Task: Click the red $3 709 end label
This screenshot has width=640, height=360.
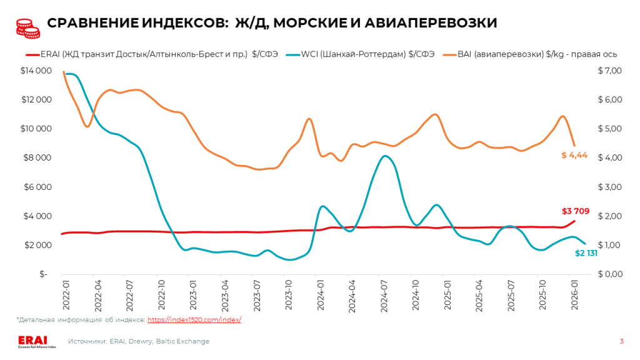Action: point(575,211)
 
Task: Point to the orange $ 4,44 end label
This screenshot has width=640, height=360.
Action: point(573,155)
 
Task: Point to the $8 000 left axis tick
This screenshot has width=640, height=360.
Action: point(37,157)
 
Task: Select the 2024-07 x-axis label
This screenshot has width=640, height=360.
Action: point(383,291)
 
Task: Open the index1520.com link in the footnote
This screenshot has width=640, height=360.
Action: point(194,319)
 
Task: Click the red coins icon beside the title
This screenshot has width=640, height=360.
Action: point(26,23)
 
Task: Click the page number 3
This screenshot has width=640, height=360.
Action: point(621,341)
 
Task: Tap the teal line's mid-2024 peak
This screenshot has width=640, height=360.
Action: point(386,156)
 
